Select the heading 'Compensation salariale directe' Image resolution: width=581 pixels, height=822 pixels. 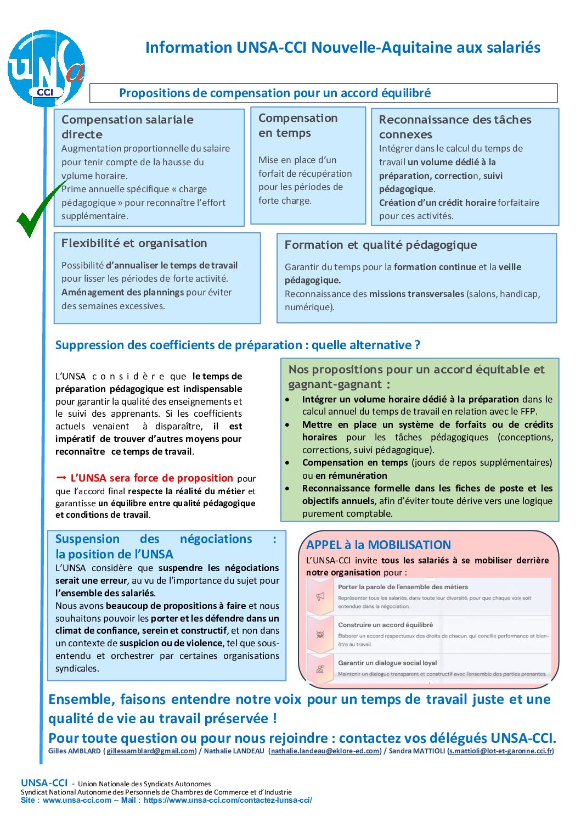tap(127, 127)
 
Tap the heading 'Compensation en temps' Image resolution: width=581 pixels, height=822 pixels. tap(298, 125)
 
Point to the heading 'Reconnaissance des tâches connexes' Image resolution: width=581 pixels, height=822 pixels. tap(455, 127)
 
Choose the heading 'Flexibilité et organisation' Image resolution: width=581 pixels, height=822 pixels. tap(134, 243)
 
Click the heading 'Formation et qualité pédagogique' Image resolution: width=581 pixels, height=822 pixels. tap(381, 245)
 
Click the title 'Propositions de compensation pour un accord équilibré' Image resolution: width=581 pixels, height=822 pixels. tap(275, 93)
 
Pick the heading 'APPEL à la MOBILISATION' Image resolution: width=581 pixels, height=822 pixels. tap(379, 545)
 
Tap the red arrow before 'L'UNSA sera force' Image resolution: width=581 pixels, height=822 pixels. tap(61, 478)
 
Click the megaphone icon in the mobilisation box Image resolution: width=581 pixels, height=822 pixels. tap(320, 597)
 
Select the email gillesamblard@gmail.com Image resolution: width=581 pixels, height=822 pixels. tap(150, 751)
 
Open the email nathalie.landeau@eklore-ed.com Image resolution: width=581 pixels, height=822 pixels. tap(325, 751)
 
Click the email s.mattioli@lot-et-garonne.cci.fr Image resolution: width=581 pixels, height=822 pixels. tap(500, 751)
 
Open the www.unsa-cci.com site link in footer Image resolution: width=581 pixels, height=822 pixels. tap(77, 800)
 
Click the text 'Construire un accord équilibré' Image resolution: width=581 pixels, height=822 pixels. tap(386, 625)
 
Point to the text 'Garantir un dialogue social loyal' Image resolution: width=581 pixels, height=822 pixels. tap(387, 663)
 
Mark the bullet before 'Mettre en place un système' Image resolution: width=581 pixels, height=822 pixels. tap(287, 424)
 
